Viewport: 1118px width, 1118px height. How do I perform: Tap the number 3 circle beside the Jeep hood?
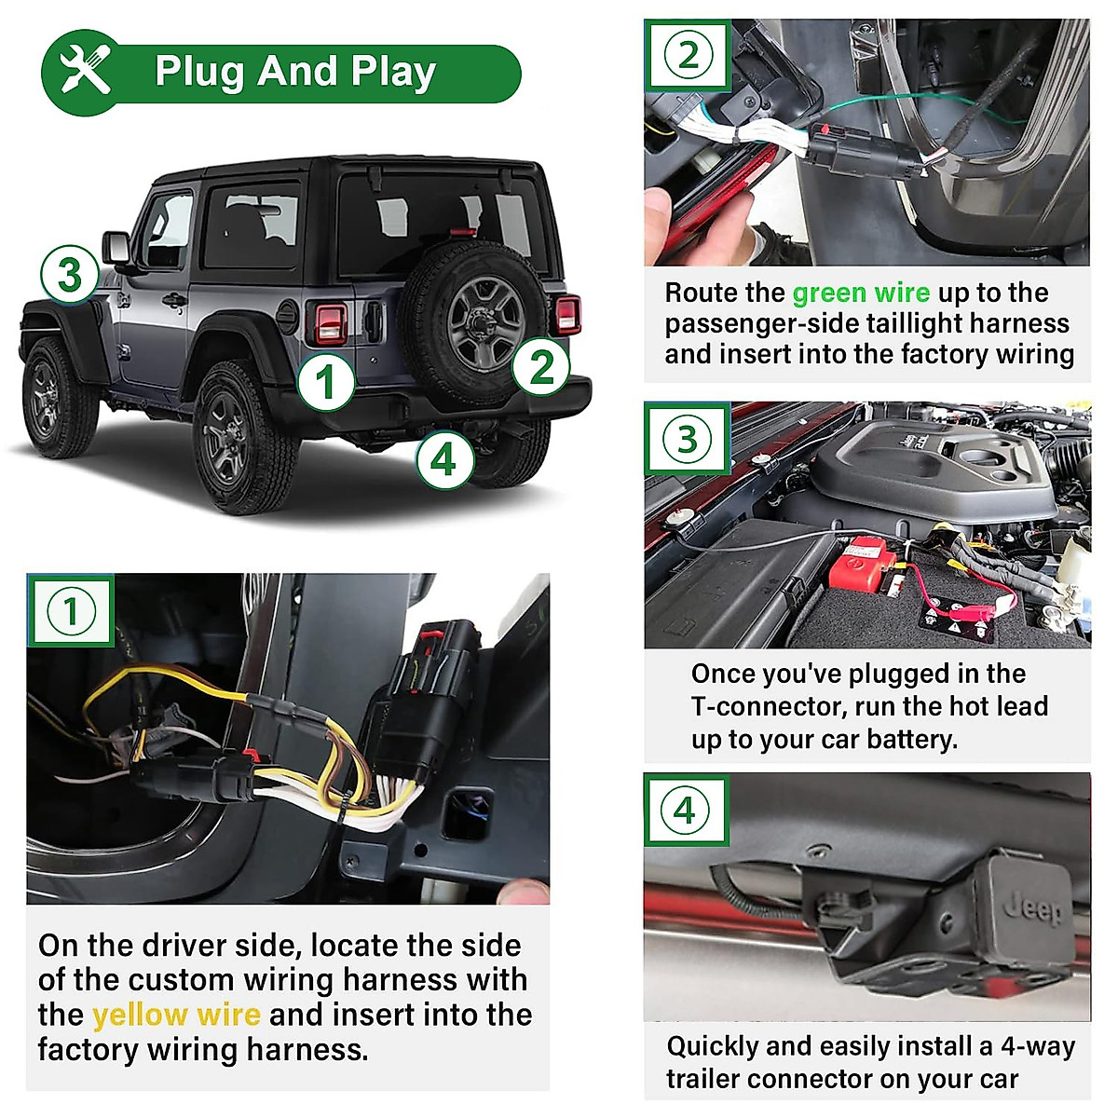click(x=69, y=275)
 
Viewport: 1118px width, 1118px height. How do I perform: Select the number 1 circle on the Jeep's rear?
click(x=325, y=382)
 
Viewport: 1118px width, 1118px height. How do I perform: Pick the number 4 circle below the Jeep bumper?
click(x=443, y=459)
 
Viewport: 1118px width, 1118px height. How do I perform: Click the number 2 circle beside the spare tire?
click(x=541, y=366)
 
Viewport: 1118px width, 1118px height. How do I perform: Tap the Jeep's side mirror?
click(x=117, y=248)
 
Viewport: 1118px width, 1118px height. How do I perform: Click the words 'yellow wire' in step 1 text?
click(x=176, y=1015)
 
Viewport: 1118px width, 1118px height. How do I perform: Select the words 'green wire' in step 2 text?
click(x=861, y=293)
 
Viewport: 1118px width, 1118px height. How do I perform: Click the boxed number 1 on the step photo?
click(x=71, y=612)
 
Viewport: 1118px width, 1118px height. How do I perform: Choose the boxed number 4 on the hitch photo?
click(x=685, y=810)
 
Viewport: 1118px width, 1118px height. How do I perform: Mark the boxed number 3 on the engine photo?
click(x=687, y=439)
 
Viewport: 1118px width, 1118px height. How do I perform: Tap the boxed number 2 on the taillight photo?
click(x=688, y=55)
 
